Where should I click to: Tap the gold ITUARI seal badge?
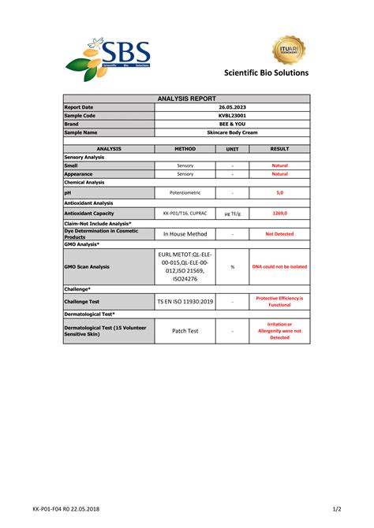pyautogui.click(x=289, y=50)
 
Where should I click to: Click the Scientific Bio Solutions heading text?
pyautogui.click(x=267, y=73)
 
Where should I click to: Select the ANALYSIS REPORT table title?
pyautogui.click(x=187, y=99)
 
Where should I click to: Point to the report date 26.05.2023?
pyautogui.click(x=233, y=107)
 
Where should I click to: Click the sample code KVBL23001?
pyautogui.click(x=233, y=116)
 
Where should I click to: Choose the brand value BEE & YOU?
pyautogui.click(x=233, y=125)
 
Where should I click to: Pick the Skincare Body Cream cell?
pyautogui.click(x=233, y=133)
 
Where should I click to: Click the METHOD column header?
pyautogui.click(x=185, y=148)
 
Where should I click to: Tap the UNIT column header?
pyautogui.click(x=233, y=148)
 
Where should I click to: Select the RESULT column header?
pyautogui.click(x=280, y=148)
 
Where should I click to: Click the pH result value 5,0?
pyautogui.click(x=280, y=192)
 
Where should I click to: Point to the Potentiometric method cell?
pyautogui.click(x=185, y=192)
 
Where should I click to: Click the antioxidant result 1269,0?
pyautogui.click(x=280, y=214)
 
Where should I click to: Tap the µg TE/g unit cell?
pyautogui.click(x=233, y=214)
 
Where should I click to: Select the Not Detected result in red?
pyautogui.click(x=280, y=234)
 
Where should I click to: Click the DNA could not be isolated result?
pyautogui.click(x=280, y=266)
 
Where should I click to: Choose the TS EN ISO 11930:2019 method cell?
pyautogui.click(x=185, y=301)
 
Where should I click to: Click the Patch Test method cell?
pyautogui.click(x=185, y=331)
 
